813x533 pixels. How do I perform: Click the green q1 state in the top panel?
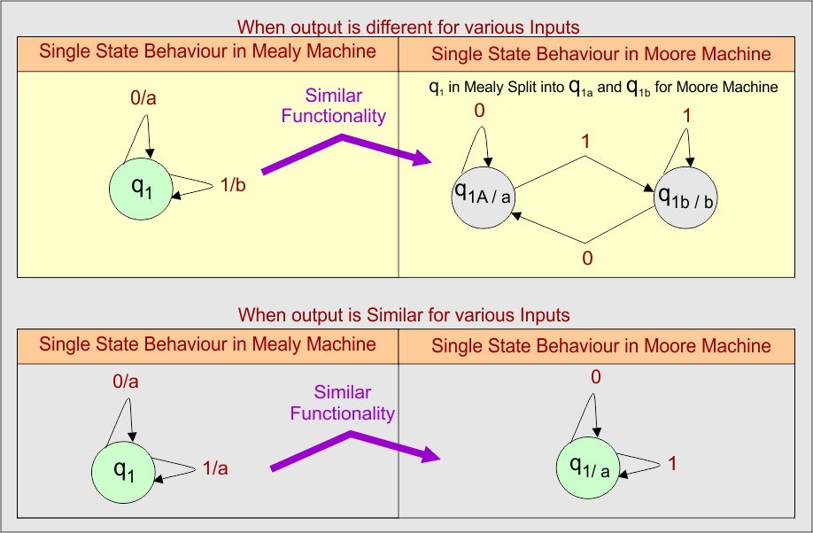click(x=139, y=189)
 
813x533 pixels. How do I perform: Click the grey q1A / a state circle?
click(x=483, y=194)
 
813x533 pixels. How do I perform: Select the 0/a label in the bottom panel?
click(x=126, y=381)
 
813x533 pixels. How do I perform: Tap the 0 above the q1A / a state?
click(x=480, y=111)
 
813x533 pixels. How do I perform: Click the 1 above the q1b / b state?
click(x=686, y=116)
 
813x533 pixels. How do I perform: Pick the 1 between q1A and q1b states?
click(x=585, y=142)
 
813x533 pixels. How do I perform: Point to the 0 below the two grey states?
click(x=586, y=258)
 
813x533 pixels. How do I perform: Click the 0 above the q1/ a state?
click(x=595, y=377)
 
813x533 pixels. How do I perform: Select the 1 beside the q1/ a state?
click(x=672, y=463)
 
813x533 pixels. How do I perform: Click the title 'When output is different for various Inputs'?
click(x=406, y=28)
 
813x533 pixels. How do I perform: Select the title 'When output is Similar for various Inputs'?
click(x=404, y=315)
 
